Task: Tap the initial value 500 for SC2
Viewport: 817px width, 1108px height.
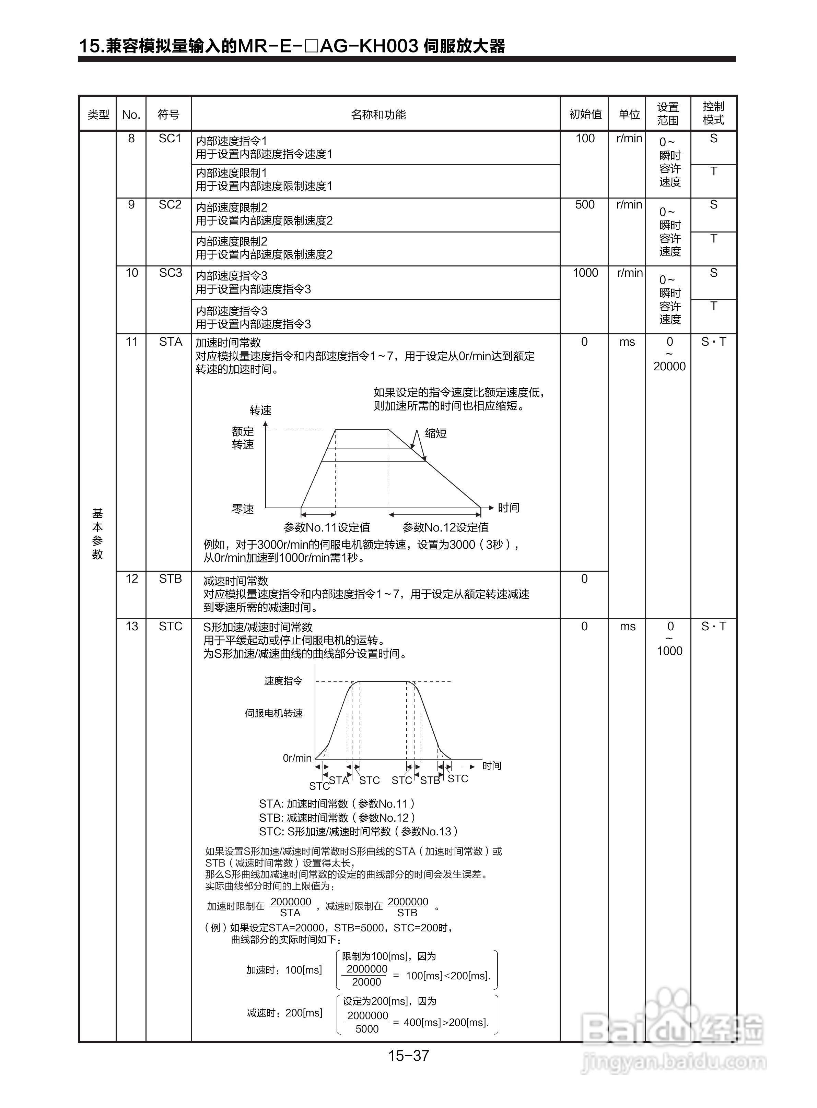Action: coord(585,205)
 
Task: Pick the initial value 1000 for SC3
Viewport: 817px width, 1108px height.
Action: coord(585,273)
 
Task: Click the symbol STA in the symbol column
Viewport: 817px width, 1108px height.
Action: coord(170,342)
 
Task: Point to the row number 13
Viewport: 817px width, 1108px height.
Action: coord(131,626)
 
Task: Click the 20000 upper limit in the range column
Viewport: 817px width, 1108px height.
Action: coord(669,366)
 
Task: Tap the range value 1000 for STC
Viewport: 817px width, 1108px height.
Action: coord(669,651)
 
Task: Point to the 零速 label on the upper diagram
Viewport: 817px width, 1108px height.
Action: coord(243,509)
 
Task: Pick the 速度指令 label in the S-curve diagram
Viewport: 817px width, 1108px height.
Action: coord(283,681)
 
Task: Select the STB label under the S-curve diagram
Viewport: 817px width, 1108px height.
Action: coord(430,781)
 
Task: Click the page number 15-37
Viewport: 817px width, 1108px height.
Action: coord(408,1056)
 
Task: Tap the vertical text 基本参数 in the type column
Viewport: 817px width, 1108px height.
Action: coord(97,534)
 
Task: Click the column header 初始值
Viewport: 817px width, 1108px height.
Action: coord(585,114)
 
